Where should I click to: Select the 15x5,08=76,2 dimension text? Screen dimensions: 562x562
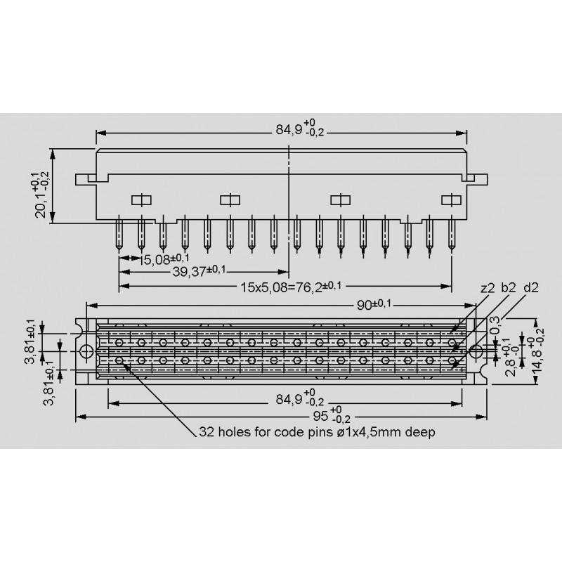(291, 287)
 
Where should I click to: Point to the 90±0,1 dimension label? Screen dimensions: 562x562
(374, 306)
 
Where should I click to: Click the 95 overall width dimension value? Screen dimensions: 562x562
(321, 416)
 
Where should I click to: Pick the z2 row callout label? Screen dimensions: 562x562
(488, 288)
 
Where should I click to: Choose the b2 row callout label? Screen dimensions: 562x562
(508, 287)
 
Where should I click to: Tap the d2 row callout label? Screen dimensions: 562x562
(531, 287)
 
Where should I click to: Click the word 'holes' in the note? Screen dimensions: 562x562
(234, 432)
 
